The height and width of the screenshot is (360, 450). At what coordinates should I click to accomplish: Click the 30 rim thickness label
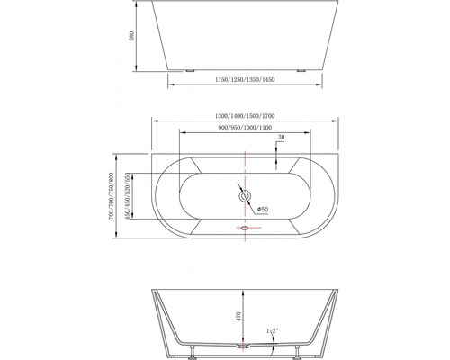[282, 138]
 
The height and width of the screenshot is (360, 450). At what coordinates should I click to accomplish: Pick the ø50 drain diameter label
[264, 209]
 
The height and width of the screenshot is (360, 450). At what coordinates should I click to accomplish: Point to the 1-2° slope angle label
[271, 332]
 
